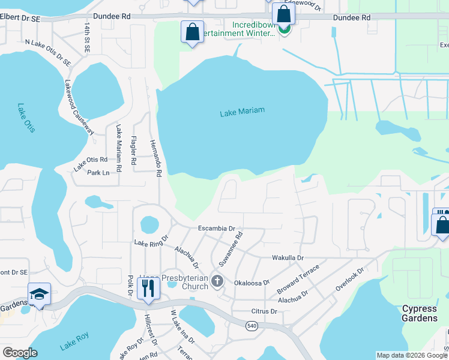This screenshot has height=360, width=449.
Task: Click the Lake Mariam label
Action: click(x=242, y=112)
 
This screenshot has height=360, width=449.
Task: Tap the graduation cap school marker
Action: click(x=39, y=293)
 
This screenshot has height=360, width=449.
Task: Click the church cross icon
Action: click(x=217, y=281)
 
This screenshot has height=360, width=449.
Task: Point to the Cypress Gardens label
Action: click(x=419, y=313)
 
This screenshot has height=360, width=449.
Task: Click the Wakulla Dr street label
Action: click(x=288, y=257)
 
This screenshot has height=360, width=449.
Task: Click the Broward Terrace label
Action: click(x=298, y=278)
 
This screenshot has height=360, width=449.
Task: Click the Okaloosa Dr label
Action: click(x=252, y=282)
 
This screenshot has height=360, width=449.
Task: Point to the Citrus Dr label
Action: click(x=264, y=312)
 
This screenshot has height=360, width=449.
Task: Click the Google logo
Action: click(x=20, y=353)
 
